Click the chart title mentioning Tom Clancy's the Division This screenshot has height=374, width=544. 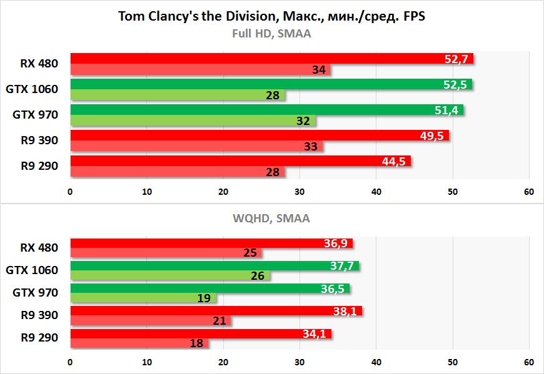(271, 16)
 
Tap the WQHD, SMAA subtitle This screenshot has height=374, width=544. (271, 219)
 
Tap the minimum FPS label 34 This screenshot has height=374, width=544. (318, 70)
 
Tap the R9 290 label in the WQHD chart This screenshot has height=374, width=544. (39, 338)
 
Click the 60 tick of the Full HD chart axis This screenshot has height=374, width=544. (528, 191)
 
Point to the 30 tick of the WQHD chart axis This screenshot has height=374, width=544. (300, 362)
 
